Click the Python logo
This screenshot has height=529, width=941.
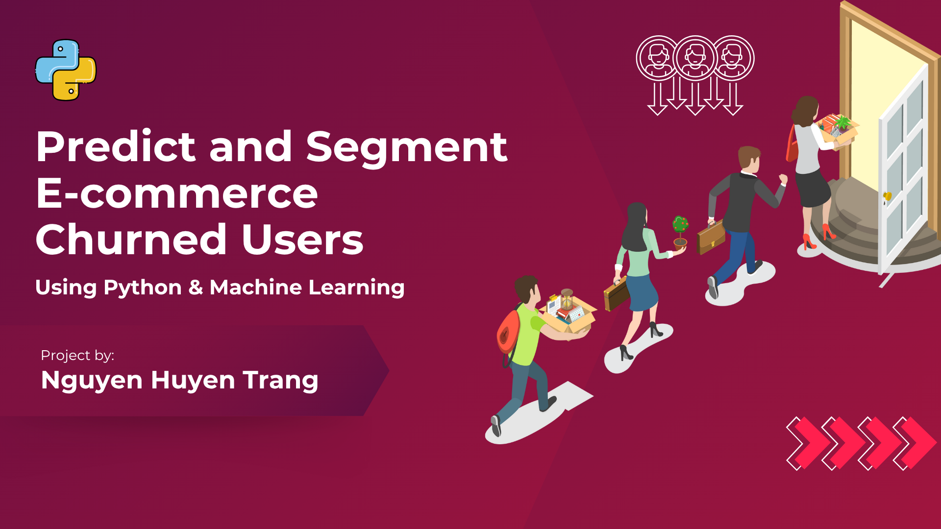coord(66,70)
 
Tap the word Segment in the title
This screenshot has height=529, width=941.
coord(407,148)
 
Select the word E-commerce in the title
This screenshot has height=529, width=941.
coord(177,193)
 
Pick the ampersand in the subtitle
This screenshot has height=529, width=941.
coord(196,287)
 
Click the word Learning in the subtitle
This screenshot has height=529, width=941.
coord(356,288)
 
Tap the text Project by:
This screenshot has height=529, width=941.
coord(77,355)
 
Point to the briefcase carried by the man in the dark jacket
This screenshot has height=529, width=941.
coord(711,238)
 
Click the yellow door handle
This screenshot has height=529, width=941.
coord(887,196)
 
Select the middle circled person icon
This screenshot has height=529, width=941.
coord(695,58)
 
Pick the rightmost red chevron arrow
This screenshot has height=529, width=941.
coord(915,443)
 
